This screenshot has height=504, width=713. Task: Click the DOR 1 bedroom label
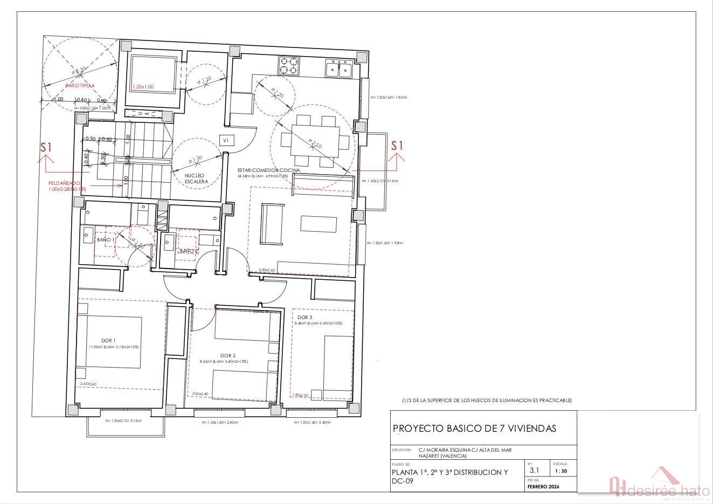coord(108,340)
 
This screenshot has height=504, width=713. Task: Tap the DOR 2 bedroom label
coord(228,355)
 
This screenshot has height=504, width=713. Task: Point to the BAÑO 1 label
coord(105,239)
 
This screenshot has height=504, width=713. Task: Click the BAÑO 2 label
coord(189,251)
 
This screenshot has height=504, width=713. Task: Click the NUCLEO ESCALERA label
coord(196,179)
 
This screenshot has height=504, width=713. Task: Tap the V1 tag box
coord(226,140)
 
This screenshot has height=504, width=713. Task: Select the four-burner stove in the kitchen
coord(288,65)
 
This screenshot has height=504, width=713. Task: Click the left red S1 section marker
coord(47,147)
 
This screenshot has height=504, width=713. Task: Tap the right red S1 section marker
coord(397,146)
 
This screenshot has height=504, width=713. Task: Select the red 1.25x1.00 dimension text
coord(143,87)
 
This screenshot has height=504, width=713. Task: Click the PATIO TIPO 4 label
coord(79,86)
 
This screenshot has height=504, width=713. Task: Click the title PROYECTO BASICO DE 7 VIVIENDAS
coord(474,429)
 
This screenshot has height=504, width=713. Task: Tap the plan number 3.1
coord(534,470)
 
